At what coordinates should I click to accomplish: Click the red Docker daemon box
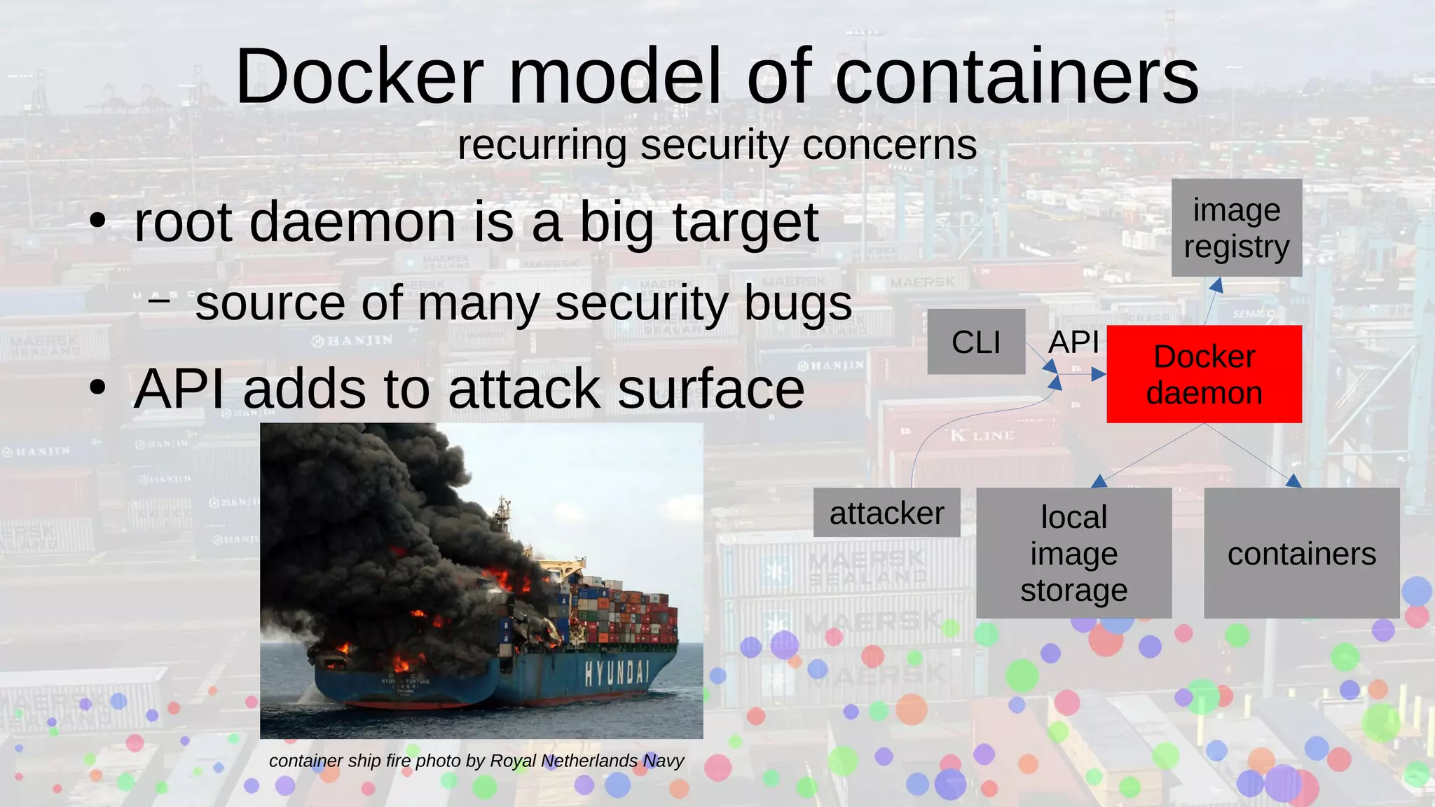pyautogui.click(x=1204, y=374)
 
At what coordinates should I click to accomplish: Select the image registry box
pyautogui.click(x=1237, y=228)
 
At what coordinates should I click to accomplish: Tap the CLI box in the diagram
pyautogui.click(x=976, y=342)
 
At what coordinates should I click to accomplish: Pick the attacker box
pyautogui.click(x=886, y=513)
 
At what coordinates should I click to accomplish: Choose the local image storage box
pyautogui.click(x=1073, y=553)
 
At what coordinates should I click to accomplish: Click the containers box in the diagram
pyautogui.click(x=1301, y=553)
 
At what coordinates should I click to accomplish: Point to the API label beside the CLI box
pyautogui.click(x=1073, y=343)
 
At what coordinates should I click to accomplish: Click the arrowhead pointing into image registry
pyautogui.click(x=1217, y=285)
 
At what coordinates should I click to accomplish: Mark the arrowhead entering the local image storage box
pyautogui.click(x=1099, y=481)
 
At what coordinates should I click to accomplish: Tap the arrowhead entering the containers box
pyautogui.click(x=1293, y=481)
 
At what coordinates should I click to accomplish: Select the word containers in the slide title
pyautogui.click(x=1017, y=76)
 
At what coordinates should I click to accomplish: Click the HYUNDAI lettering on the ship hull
pyautogui.click(x=617, y=672)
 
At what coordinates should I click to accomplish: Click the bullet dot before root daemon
pyautogui.click(x=97, y=222)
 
